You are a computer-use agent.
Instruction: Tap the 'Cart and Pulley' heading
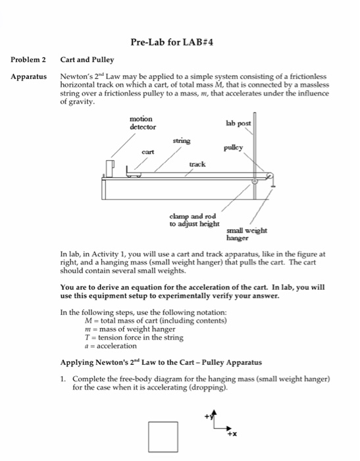[x=87, y=60]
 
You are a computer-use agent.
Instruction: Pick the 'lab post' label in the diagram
[x=238, y=123]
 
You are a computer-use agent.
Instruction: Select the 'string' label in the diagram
[x=182, y=140]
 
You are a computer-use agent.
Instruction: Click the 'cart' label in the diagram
[x=147, y=151]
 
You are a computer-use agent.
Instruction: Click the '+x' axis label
[x=231, y=435]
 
